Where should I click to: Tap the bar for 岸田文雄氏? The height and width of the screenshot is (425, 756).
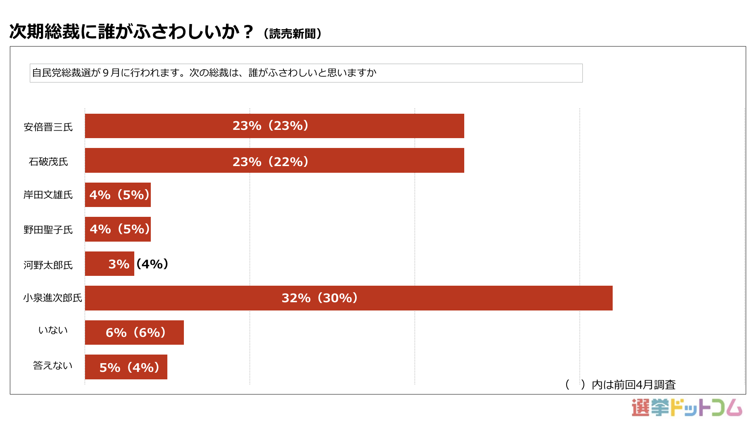[118, 195]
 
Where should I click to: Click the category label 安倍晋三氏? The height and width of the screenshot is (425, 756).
[48, 127]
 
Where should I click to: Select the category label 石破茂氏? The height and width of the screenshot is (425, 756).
[48, 162]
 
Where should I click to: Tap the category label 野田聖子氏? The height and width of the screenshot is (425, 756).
[48, 230]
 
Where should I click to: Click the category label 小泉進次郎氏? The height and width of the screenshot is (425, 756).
[52, 298]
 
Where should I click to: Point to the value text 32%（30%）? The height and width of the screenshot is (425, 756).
[320, 298]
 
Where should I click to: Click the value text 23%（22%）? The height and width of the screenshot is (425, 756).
[271, 162]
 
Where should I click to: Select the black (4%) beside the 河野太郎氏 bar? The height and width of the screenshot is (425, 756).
[152, 264]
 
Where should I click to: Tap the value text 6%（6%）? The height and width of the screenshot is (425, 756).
[136, 333]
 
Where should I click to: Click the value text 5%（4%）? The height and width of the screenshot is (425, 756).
[130, 368]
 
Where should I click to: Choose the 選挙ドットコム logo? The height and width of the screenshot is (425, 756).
[687, 408]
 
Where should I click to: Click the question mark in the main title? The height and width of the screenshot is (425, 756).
[248, 31]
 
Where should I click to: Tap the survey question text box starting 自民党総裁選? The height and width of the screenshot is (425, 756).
[306, 73]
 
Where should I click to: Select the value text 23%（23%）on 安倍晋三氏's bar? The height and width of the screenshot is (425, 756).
[271, 126]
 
